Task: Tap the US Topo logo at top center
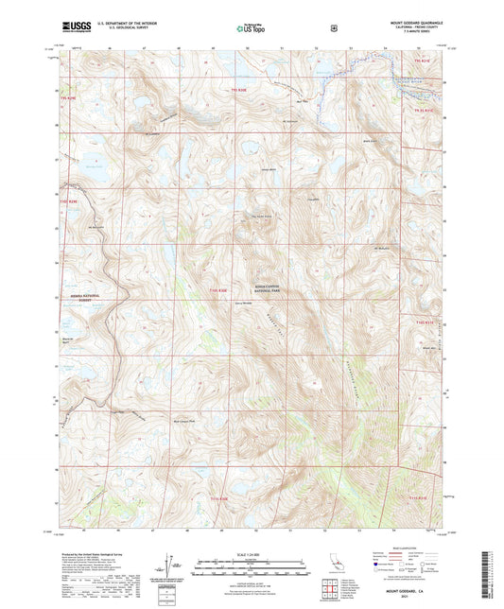(250, 29)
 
